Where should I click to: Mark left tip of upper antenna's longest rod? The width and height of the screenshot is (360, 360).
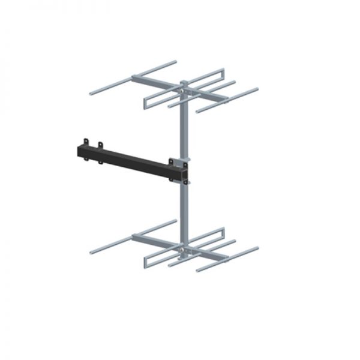click(x=91, y=94)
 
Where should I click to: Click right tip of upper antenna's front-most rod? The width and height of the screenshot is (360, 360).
click(x=258, y=89)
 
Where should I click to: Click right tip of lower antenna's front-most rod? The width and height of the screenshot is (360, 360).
click(x=258, y=248)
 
